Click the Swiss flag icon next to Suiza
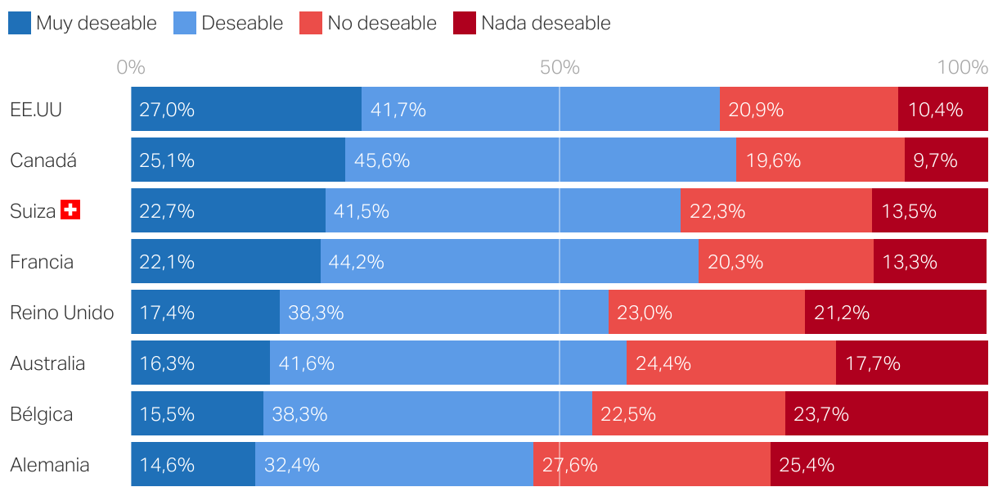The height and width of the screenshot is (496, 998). pyautogui.click(x=70, y=210)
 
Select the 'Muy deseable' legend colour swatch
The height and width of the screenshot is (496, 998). pyautogui.click(x=20, y=23)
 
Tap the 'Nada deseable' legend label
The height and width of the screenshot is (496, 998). pyautogui.click(x=546, y=23)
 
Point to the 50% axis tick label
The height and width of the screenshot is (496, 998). pyautogui.click(x=560, y=67)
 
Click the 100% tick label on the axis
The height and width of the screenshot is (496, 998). pyautogui.click(x=963, y=67)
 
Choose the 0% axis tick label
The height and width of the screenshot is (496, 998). pyautogui.click(x=131, y=67)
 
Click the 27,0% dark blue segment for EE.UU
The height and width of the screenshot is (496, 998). pyautogui.click(x=245, y=109)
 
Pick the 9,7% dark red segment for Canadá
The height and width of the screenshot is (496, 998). pyautogui.click(x=946, y=160)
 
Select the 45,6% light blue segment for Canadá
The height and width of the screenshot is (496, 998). pyautogui.click(x=540, y=160)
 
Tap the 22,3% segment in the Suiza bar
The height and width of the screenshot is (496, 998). pyautogui.click(x=775, y=210)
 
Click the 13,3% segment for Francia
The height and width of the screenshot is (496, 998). pyautogui.click(x=930, y=261)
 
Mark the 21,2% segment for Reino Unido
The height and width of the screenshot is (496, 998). pyautogui.click(x=896, y=312)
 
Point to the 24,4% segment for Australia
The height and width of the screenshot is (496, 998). pyautogui.click(x=731, y=363)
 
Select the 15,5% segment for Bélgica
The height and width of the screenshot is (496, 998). pyautogui.click(x=196, y=413)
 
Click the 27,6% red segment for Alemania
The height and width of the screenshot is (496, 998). pyautogui.click(x=651, y=464)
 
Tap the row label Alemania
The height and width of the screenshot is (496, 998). pyautogui.click(x=49, y=465)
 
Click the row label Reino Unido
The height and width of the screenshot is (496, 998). pyautogui.click(x=61, y=312)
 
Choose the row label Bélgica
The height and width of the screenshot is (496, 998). pyautogui.click(x=41, y=413)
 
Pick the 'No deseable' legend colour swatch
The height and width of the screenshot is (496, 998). pyautogui.click(x=311, y=23)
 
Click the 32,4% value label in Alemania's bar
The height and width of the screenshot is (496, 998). pyautogui.click(x=291, y=465)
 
